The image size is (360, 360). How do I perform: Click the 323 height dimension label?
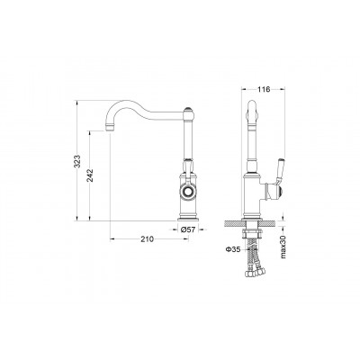77,161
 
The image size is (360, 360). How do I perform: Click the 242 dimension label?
90,175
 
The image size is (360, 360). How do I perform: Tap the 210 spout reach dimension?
147,239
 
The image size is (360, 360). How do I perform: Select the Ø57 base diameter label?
188,229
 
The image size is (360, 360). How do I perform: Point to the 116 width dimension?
264,89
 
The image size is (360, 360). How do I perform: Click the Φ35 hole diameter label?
233,249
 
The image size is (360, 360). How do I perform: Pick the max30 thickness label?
283,247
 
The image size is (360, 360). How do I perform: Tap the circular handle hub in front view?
188,191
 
